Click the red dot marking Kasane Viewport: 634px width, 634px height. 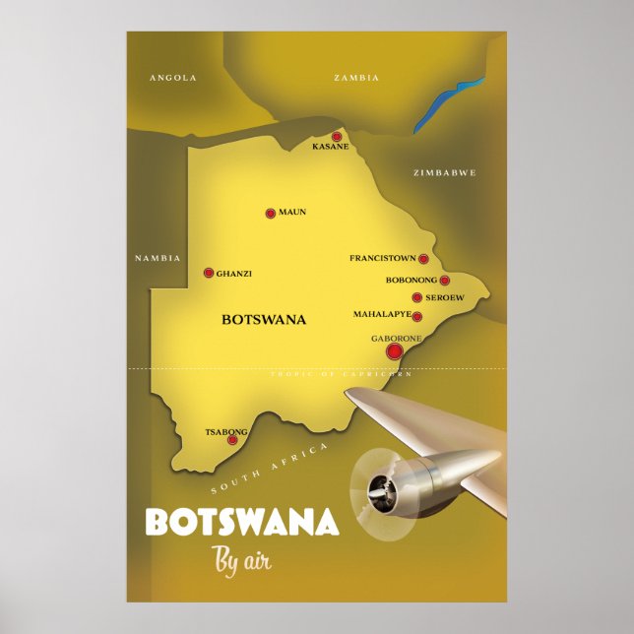coord(337,137)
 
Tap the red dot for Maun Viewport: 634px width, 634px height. coord(271,213)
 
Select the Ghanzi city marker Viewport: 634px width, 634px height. coord(209,273)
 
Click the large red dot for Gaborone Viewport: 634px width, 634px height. coord(395,351)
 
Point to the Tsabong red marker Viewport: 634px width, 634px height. coord(232,440)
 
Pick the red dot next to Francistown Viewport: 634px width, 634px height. coord(423,259)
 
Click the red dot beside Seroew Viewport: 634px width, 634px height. coord(417,297)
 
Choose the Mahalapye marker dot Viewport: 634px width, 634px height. coord(417,317)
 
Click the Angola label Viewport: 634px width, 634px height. coord(173,77)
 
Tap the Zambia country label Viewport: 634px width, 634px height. coord(356,77)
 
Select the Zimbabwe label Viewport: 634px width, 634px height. coord(445,172)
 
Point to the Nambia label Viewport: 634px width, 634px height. coord(158,258)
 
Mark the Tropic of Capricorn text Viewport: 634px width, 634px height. coord(342,375)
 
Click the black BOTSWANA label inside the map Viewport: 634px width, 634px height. coord(264,319)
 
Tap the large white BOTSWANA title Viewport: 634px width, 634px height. coord(242,523)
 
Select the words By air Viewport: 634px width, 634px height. coord(241,561)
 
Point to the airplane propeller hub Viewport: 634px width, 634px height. coord(379,487)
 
